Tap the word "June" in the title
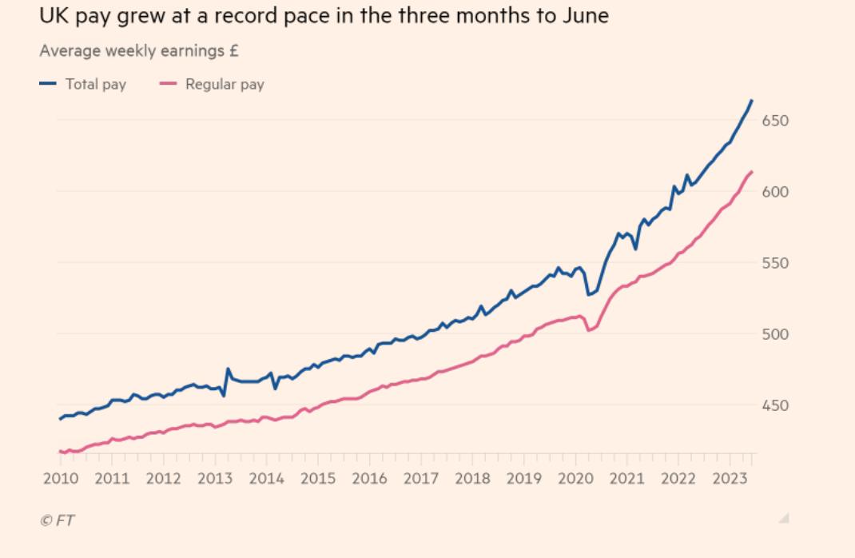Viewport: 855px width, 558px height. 587,15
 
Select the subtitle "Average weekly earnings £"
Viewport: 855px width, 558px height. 139,51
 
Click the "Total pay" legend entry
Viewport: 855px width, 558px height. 95,84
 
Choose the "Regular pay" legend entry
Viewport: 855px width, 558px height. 225,84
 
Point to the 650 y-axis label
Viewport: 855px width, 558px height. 774,121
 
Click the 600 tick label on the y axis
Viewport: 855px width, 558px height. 774,192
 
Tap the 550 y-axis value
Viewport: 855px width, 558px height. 774,263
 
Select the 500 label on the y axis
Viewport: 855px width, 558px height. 774,334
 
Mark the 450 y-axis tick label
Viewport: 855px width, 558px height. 774,405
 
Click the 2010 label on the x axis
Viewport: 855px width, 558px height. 61,479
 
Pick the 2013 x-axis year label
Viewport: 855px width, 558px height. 215,479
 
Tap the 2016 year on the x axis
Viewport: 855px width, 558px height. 369,479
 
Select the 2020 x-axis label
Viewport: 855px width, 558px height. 575,479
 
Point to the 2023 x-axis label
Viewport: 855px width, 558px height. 730,479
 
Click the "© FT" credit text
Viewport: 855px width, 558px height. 58,520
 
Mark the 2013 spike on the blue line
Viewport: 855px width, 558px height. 228,369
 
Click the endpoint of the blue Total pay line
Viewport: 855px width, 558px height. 752,101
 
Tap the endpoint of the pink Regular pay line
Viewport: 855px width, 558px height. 752,172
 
